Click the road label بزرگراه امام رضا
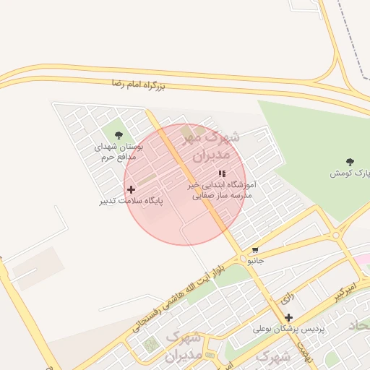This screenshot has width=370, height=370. [x=138, y=85]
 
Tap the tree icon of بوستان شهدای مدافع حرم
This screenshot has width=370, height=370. [x=119, y=135]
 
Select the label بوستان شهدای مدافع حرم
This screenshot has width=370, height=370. [x=119, y=150]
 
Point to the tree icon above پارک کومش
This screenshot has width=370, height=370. [x=350, y=162]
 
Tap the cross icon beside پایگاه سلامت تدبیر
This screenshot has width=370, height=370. [x=131, y=189]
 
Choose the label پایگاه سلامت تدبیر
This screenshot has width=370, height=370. [x=131, y=200]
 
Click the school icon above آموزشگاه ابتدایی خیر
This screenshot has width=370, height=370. [x=222, y=173]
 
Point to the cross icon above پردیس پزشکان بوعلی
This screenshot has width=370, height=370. [x=289, y=317]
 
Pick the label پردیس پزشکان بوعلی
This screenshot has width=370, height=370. [x=289, y=329]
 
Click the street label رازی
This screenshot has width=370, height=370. [x=286, y=297]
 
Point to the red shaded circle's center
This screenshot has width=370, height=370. [x=185, y=184]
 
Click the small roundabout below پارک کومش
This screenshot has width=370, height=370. [x=335, y=235]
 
